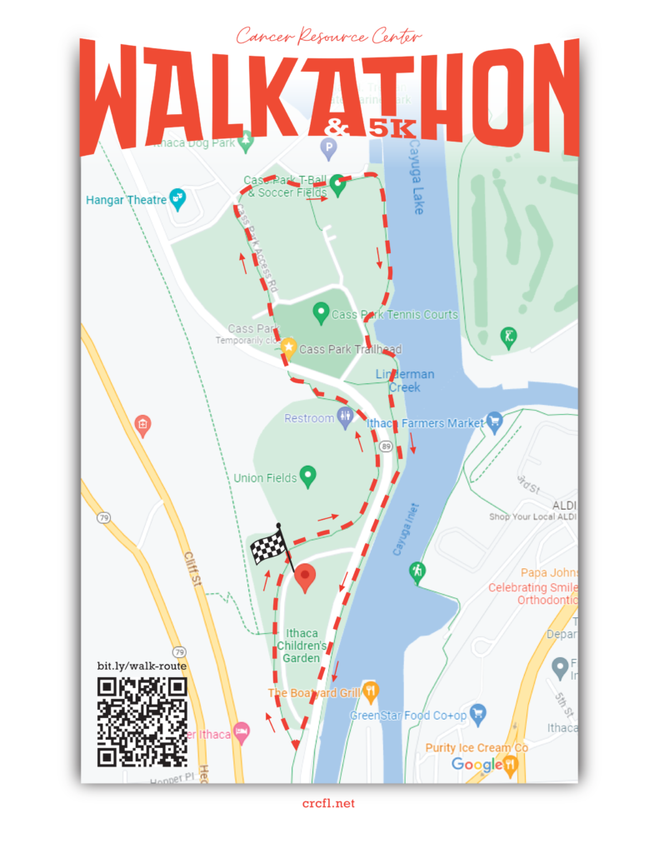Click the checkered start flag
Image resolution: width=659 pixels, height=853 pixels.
pyautogui.click(x=269, y=546)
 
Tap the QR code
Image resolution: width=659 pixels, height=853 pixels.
pyautogui.click(x=142, y=721)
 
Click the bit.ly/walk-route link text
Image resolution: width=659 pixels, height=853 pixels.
pyautogui.click(x=142, y=666)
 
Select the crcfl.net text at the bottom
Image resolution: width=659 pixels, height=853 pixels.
pyautogui.click(x=329, y=803)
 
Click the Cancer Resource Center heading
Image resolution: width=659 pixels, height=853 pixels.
pyautogui.click(x=329, y=36)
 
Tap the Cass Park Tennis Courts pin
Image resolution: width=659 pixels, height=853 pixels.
pyautogui.click(x=320, y=313)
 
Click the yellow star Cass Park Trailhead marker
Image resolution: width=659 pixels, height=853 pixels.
pyautogui.click(x=288, y=348)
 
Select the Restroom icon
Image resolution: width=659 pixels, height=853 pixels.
pyautogui.click(x=346, y=417)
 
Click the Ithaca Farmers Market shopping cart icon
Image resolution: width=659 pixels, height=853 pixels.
pyautogui.click(x=494, y=422)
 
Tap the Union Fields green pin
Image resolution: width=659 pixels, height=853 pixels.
pyautogui.click(x=308, y=476)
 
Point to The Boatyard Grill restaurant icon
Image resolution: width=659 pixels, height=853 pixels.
pyautogui.click(x=371, y=691)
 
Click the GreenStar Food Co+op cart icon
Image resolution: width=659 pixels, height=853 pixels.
pyautogui.click(x=477, y=713)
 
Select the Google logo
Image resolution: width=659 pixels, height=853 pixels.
pyautogui.click(x=476, y=764)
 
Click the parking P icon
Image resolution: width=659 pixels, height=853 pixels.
pyautogui.click(x=328, y=149)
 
